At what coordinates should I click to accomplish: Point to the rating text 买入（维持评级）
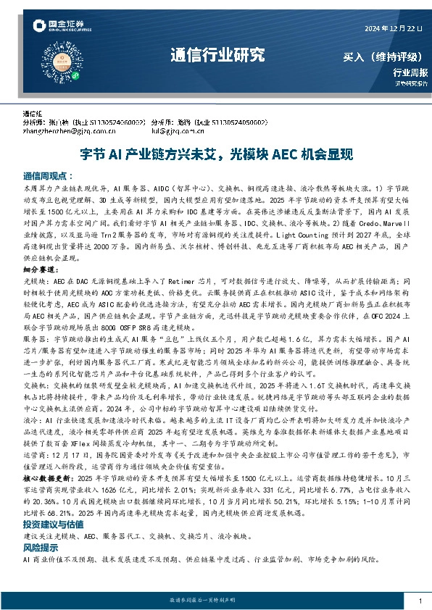point(384,57)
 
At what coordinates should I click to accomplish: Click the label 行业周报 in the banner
point(410,72)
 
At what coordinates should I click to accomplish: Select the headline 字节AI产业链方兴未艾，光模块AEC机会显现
point(216,154)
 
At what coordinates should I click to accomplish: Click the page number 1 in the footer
point(420,601)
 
